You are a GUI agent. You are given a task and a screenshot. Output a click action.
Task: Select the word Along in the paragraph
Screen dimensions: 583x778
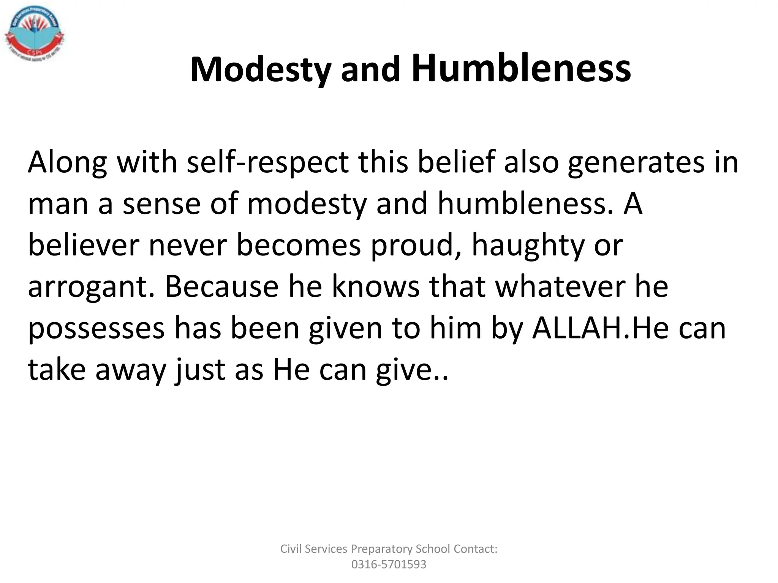(67, 162)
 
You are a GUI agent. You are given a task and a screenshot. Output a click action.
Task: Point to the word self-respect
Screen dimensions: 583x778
(268, 162)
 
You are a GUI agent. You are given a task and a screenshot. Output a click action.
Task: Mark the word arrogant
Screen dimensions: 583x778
(92, 287)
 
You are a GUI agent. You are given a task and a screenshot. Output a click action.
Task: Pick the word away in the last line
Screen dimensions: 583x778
(131, 370)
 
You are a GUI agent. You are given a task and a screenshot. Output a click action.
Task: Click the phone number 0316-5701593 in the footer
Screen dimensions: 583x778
(389, 564)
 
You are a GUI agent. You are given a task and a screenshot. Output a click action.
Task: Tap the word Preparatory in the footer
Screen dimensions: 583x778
(381, 549)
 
